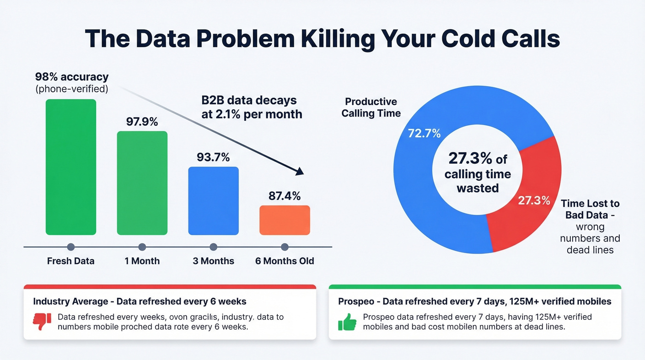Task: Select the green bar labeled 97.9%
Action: click(142, 183)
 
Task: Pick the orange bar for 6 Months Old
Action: click(285, 220)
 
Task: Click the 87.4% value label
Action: click(285, 196)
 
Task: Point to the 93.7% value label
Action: click(213, 157)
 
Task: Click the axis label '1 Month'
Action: click(142, 261)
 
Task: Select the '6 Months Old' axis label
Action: click(285, 261)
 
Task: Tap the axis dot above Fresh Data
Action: click(71, 247)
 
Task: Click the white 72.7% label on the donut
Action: click(424, 134)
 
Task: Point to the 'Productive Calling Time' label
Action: click(371, 107)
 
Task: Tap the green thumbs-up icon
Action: click(347, 322)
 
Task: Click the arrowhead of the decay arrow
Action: click(300, 171)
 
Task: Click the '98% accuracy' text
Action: click(71, 77)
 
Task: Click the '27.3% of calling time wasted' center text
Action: click(478, 173)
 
